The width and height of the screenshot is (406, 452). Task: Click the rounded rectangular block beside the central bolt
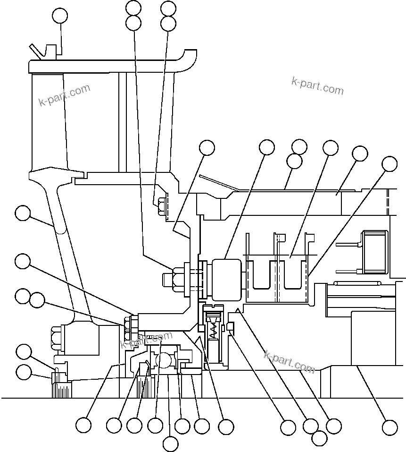click(x=226, y=279)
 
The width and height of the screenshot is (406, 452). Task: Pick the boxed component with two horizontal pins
click(x=373, y=252)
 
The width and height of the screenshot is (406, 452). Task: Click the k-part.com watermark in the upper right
click(x=317, y=86)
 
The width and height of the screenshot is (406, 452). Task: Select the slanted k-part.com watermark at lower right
click(x=289, y=361)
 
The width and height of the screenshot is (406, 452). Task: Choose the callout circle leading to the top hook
click(x=59, y=16)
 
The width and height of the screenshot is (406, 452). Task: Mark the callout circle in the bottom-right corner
click(x=389, y=427)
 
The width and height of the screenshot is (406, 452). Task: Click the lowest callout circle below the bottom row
click(x=170, y=443)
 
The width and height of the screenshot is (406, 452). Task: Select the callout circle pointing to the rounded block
click(x=267, y=147)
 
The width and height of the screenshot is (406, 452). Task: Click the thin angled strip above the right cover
click(x=217, y=184)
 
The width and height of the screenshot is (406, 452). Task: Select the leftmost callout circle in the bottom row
click(x=83, y=425)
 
